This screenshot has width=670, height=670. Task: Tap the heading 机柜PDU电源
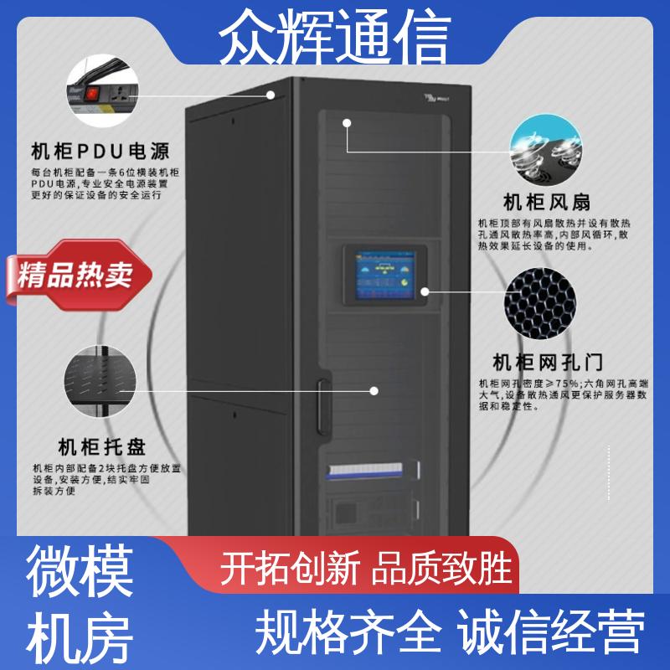click(x=100, y=152)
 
